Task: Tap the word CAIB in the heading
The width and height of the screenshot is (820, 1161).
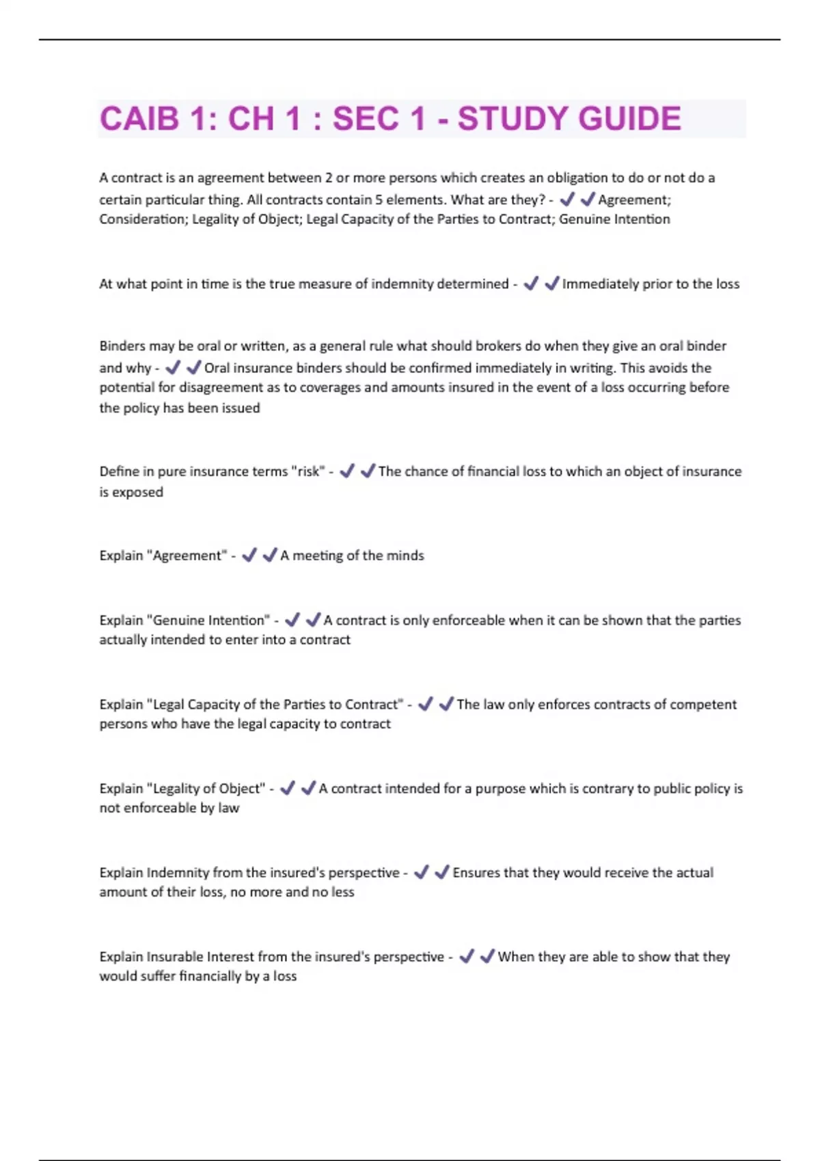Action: (139, 119)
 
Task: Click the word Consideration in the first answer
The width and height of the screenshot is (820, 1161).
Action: (141, 219)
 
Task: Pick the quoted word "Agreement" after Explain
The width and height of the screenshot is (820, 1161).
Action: (187, 556)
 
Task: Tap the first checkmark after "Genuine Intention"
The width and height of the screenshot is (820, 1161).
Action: (292, 620)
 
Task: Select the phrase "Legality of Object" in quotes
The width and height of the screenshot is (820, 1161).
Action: (206, 789)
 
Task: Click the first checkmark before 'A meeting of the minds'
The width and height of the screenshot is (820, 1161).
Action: (249, 555)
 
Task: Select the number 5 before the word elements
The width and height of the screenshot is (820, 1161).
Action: (379, 200)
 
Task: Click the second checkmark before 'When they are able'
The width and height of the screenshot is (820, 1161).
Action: (487, 957)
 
